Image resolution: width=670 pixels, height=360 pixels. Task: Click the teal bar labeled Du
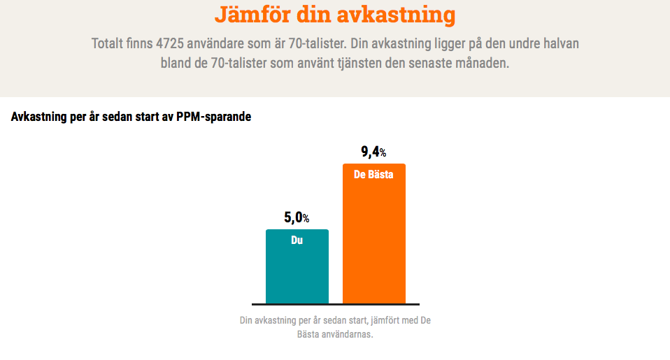297,273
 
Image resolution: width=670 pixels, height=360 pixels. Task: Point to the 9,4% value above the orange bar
373,152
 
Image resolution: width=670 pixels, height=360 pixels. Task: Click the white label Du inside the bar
297,240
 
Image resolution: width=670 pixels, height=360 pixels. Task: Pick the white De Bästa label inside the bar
373,174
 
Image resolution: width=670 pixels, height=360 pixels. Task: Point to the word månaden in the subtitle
485,63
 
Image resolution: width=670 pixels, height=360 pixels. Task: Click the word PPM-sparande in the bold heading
215,117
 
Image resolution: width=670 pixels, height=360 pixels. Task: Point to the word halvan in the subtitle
561,43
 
